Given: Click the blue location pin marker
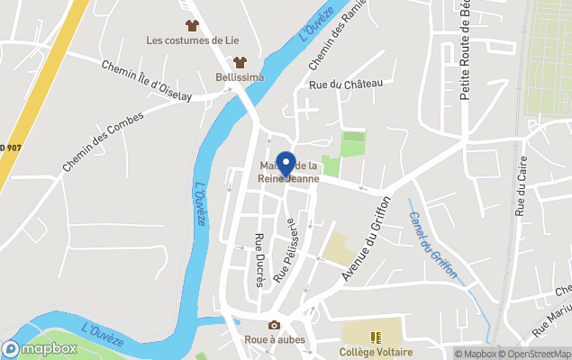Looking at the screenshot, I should click(x=286, y=165).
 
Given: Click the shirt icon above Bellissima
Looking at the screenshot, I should click(x=240, y=62).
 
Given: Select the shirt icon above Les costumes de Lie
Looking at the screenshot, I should click(x=191, y=24).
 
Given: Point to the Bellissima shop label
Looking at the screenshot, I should click(x=240, y=77).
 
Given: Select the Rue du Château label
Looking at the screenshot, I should click(x=346, y=84).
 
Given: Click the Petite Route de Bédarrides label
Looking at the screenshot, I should click(x=466, y=49).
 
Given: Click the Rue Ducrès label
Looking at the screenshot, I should click(x=259, y=260).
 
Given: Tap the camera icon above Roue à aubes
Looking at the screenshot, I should click(x=274, y=325).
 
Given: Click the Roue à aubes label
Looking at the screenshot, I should click(x=275, y=340).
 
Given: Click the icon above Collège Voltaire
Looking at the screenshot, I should click(x=376, y=337).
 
